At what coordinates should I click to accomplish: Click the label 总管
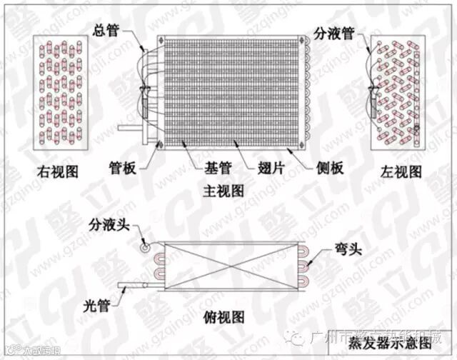pos(109,30)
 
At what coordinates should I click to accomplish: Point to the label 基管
pos(208,169)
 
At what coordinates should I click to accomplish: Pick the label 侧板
pos(331,169)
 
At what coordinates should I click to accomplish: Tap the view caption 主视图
pos(224,191)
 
